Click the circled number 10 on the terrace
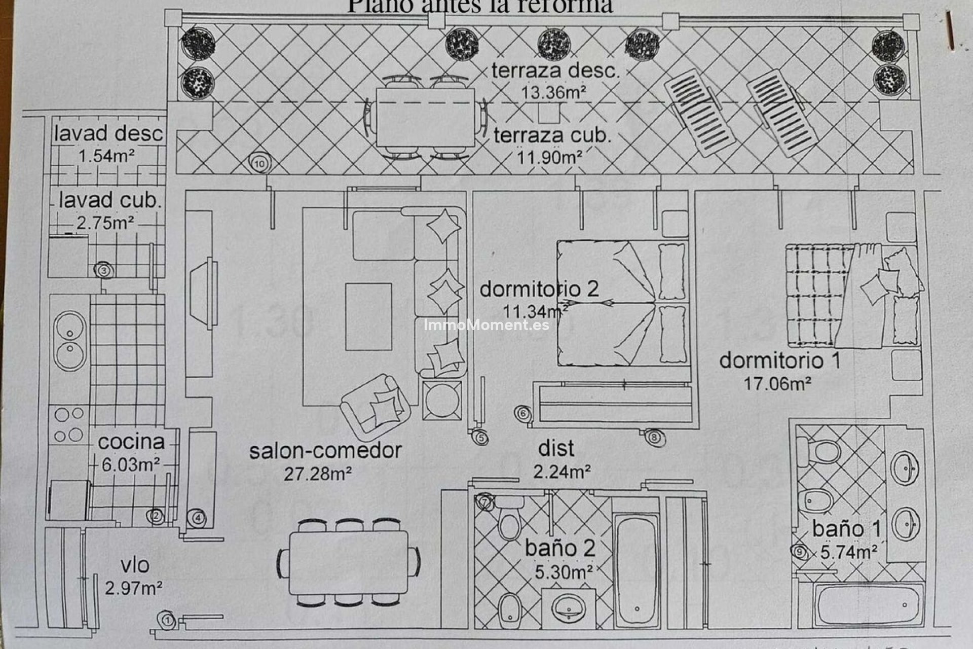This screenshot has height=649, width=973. [x=259, y=163]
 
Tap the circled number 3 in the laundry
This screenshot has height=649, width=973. [x=104, y=270]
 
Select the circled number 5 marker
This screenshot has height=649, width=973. [x=481, y=438]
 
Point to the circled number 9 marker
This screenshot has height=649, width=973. [x=800, y=552]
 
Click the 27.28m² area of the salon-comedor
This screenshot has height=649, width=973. [x=318, y=474]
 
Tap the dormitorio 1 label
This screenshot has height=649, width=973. [x=780, y=361]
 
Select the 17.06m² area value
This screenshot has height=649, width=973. [x=777, y=384]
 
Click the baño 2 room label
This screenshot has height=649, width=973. [x=560, y=548]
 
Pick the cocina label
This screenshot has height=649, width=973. [x=131, y=442]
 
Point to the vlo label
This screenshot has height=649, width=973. [x=135, y=565]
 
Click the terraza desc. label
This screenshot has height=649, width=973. [x=556, y=71]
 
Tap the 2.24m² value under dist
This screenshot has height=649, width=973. [x=562, y=472]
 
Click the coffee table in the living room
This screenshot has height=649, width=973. [x=368, y=317]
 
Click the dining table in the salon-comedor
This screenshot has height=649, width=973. [x=349, y=562]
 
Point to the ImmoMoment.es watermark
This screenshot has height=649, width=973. [x=486, y=325]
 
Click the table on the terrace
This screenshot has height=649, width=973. [x=426, y=118]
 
